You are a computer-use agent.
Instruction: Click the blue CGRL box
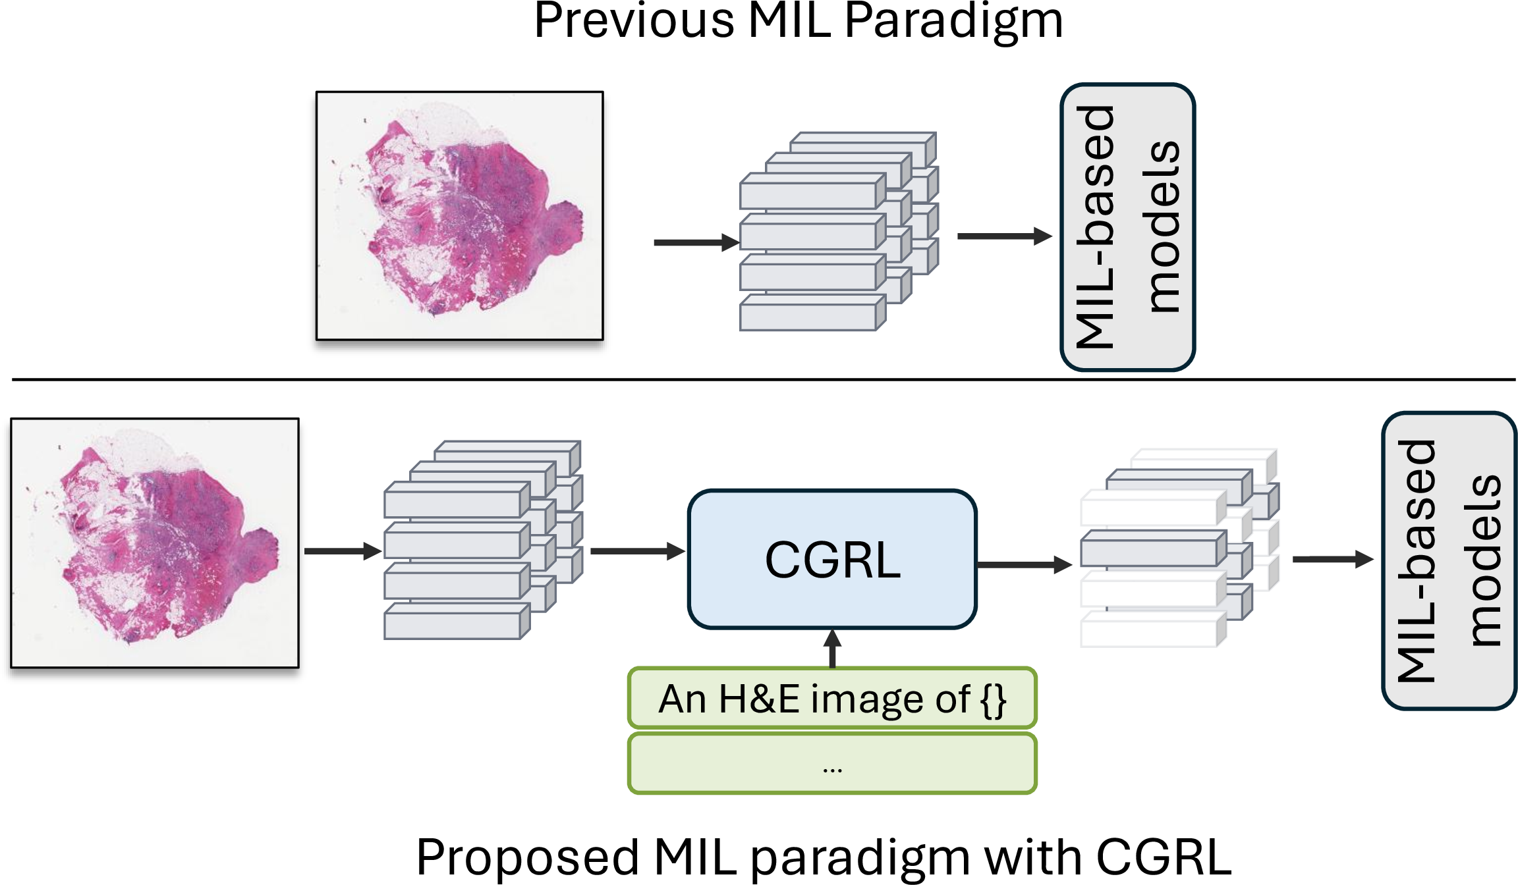coord(832,559)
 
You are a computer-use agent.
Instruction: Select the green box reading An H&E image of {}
coord(832,698)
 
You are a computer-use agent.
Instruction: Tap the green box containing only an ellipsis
coord(832,764)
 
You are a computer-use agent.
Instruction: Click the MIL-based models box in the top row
coord(1127,227)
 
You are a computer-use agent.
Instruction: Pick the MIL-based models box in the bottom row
coord(1449,560)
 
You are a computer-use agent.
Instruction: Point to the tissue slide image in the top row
coord(459,216)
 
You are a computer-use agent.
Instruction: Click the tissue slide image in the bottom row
coord(155,543)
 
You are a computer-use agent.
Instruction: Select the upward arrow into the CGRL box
coord(833,649)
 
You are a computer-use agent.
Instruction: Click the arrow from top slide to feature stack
coord(696,242)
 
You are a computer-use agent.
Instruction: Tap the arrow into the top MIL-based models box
coord(1005,236)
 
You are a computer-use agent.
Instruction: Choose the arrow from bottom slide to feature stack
coord(343,550)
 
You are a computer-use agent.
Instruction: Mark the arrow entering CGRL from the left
coord(638,551)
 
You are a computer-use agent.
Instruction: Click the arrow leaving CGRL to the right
coord(1025,564)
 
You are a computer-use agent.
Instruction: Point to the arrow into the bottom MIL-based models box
coord(1334,560)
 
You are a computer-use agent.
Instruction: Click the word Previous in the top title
coord(634,21)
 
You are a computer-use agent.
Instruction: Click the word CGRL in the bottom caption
coord(1164,857)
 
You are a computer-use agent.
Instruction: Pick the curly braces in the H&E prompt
coord(994,700)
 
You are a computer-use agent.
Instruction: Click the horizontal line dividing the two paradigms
coord(764,379)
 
